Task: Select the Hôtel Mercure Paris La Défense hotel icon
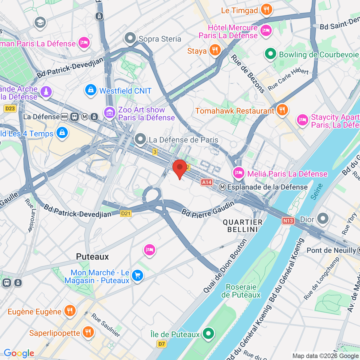266,30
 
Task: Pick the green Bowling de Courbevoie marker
270,54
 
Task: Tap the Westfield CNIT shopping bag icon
91,90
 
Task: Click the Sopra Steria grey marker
130,38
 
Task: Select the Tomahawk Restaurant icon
282,110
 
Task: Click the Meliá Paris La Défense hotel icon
238,173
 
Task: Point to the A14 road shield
207,182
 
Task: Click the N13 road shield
288,221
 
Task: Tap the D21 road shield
126,214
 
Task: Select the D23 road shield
10,109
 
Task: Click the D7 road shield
162,344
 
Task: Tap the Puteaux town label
92,257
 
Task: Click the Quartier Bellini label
242,226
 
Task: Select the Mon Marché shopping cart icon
137,275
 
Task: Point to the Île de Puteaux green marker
208,333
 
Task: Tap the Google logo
19,353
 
